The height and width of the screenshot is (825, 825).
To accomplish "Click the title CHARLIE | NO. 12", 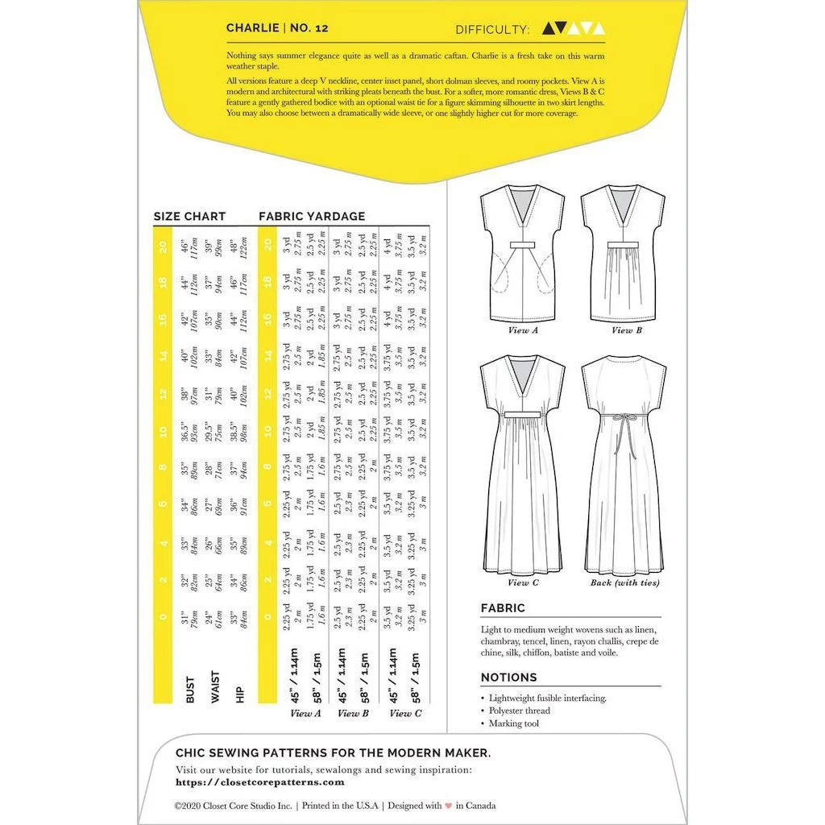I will (276, 27).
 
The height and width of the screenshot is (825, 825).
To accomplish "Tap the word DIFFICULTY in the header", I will (492, 30).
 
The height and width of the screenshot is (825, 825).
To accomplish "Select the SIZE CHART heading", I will (189, 216).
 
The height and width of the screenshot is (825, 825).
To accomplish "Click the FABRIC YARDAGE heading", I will (312, 216).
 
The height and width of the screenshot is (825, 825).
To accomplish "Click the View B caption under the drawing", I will (621, 330).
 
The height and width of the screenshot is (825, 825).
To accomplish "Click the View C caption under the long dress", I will (519, 582).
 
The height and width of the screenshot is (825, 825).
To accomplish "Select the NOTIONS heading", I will (508, 678).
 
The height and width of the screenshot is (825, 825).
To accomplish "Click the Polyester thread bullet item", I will (520, 711).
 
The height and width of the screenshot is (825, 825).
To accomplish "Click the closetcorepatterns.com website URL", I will (259, 781).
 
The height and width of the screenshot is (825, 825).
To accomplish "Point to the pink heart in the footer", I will (437, 805).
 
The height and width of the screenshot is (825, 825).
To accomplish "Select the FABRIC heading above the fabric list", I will (503, 608).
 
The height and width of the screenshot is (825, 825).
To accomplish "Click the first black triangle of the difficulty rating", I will (549, 29).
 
